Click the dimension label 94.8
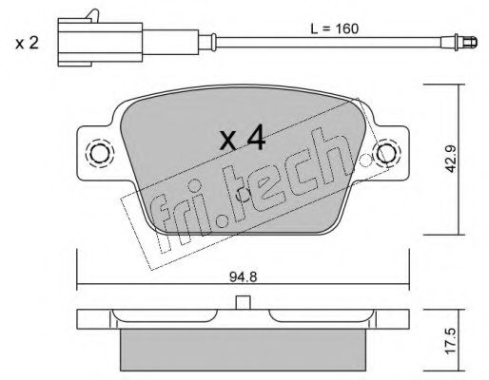[243, 277]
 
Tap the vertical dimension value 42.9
[450, 159]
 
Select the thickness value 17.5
[450, 340]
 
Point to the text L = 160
[334, 28]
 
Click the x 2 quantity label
[27, 43]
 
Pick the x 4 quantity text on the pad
[243, 137]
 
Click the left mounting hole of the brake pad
[100, 153]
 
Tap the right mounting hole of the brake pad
[386, 152]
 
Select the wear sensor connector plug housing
[100, 42]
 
